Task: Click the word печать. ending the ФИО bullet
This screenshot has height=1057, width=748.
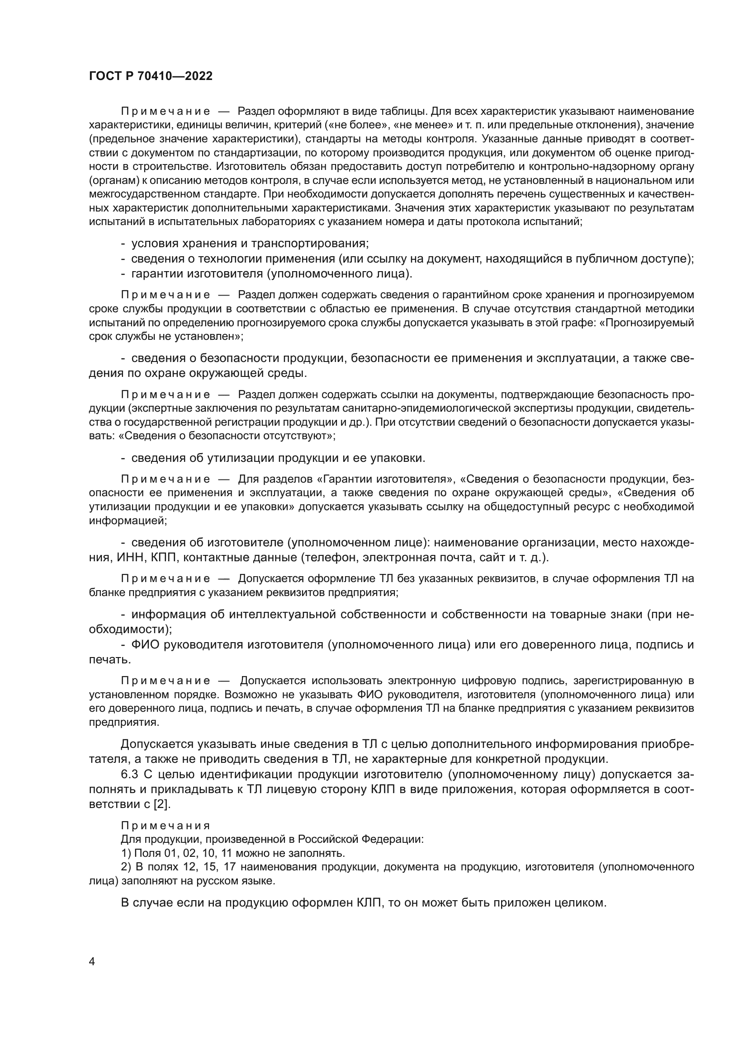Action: pyautogui.click(x=110, y=660)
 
